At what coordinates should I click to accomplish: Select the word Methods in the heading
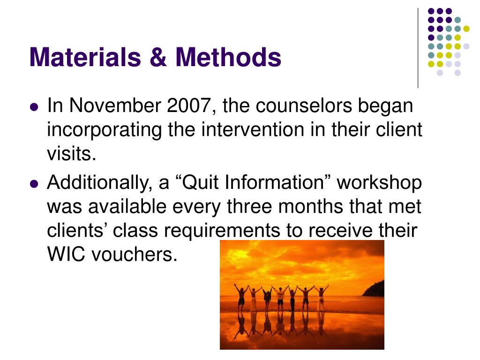(228, 57)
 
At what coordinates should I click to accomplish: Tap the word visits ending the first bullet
(71, 153)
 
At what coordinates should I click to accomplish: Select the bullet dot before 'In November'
(33, 107)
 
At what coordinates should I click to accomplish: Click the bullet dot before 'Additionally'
(33, 184)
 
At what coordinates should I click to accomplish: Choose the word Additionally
(97, 183)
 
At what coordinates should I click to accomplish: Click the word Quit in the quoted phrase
(204, 183)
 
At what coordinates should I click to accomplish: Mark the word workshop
(379, 183)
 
